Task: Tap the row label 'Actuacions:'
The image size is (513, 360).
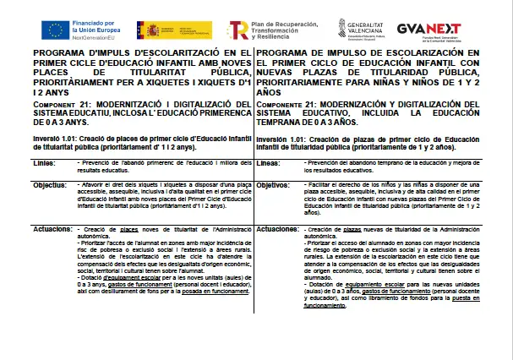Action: pyautogui.click(x=52, y=229)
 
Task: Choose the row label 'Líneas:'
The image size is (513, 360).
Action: pyautogui.click(x=270, y=162)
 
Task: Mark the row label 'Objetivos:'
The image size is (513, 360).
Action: pyautogui.click(x=274, y=184)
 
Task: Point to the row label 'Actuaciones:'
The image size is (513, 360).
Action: pyautogui.click(x=277, y=229)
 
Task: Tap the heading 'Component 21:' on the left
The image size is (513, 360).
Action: pyautogui.click(x=61, y=104)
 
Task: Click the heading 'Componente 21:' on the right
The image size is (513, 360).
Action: pyautogui.click(x=287, y=104)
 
